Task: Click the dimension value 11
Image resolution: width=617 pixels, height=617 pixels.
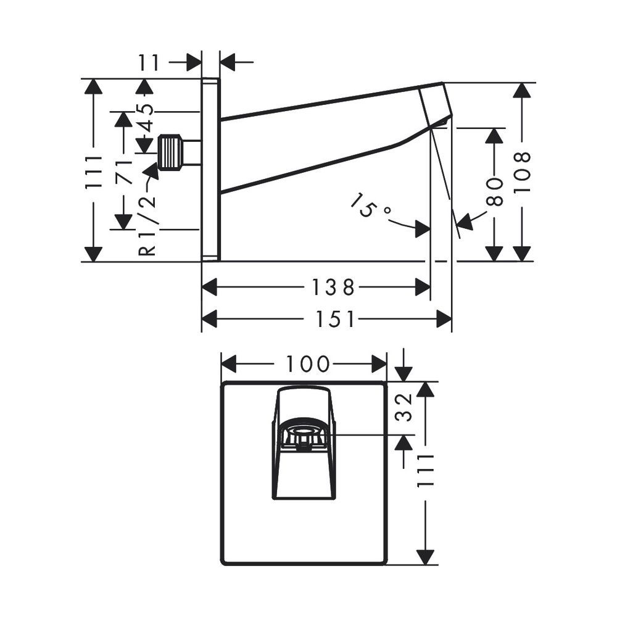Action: tap(149, 62)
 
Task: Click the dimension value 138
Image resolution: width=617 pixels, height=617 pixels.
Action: tap(333, 288)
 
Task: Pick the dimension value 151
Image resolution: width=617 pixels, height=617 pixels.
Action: tap(335, 319)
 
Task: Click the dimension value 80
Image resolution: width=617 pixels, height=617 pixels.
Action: tap(495, 192)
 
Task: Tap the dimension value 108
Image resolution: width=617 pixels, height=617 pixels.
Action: tap(523, 172)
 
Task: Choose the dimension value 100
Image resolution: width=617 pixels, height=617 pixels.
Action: tap(307, 364)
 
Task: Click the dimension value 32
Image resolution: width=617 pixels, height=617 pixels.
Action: tap(404, 408)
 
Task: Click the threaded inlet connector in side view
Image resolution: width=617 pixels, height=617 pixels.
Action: tap(170, 152)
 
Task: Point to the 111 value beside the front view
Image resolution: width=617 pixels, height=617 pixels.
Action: tap(425, 470)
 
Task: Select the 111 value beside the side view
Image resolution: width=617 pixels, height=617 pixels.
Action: tap(94, 171)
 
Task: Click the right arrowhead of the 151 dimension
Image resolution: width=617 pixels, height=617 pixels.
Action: tap(444, 319)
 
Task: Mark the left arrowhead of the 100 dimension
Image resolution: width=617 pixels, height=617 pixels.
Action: tap(228, 364)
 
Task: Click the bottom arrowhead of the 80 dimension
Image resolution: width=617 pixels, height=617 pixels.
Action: tap(495, 254)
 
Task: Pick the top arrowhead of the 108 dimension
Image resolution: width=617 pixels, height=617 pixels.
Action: tap(523, 90)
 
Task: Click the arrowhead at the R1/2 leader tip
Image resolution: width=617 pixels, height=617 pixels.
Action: tap(152, 172)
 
